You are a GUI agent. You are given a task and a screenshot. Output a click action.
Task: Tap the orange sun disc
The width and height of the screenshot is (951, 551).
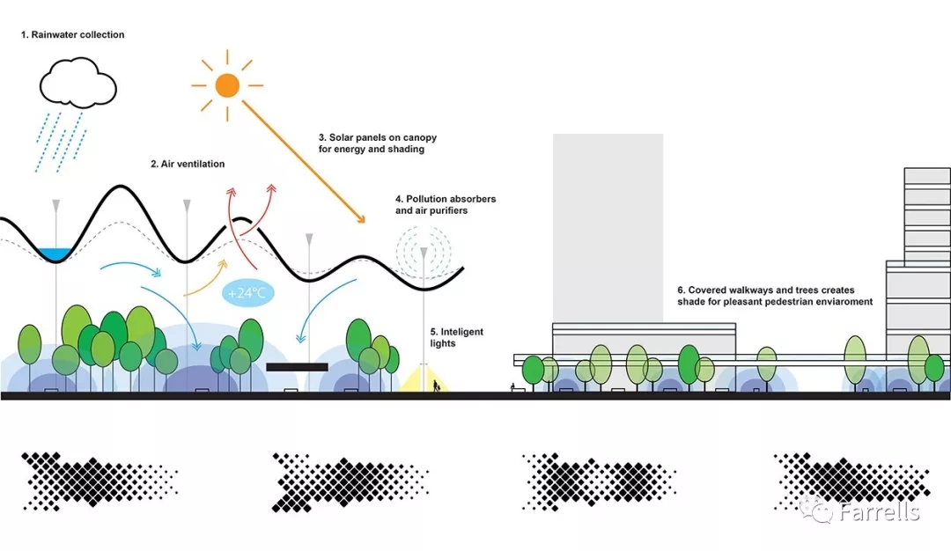coord(227,84)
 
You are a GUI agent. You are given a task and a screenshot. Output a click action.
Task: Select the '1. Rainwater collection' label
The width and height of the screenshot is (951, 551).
coord(73,35)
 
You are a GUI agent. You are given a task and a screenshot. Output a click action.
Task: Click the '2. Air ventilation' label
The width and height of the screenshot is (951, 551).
coord(188,164)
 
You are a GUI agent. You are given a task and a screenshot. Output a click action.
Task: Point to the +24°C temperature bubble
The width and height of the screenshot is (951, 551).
coord(247,293)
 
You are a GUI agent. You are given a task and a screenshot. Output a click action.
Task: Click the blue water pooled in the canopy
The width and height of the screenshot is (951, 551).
coord(55,253)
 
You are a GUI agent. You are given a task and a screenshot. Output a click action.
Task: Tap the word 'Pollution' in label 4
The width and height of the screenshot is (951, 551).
coord(429,199)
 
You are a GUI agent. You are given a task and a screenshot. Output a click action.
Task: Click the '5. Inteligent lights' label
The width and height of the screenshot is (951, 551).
coord(456,337)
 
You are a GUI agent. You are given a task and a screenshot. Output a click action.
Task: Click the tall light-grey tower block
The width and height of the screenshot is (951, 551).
coord(608,229)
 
